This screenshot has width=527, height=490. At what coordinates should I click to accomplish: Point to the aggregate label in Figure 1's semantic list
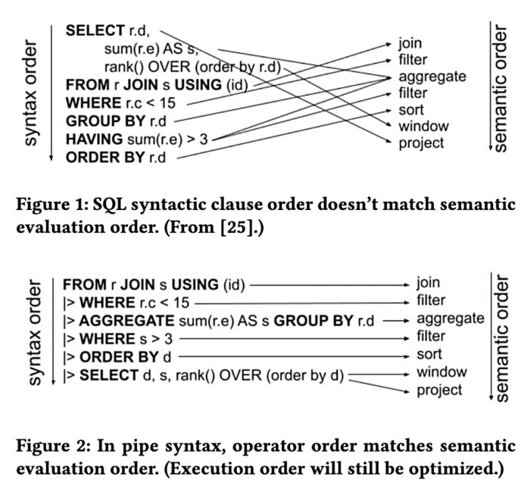tap(432, 77)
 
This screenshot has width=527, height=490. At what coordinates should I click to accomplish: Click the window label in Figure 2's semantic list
tap(442, 372)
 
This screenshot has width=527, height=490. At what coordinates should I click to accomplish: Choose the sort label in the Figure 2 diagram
tap(431, 354)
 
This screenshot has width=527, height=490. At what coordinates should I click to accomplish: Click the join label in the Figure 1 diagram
tap(411, 43)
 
